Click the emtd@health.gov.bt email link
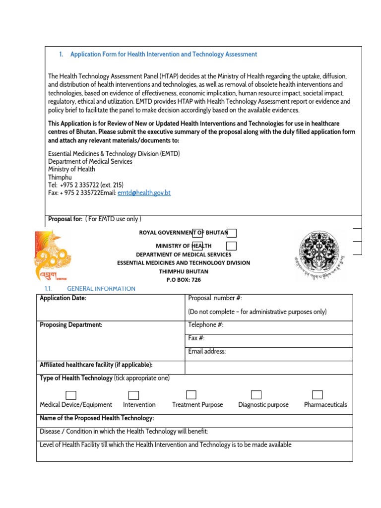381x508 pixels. (x=144, y=193)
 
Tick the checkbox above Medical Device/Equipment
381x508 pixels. (x=71, y=395)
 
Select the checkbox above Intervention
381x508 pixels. (x=133, y=395)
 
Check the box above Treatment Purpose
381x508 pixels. (x=191, y=395)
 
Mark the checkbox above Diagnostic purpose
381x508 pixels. (x=256, y=395)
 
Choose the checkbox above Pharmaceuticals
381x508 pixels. (x=317, y=395)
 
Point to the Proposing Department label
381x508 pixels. (x=71, y=325)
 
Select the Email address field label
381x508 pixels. (x=207, y=351)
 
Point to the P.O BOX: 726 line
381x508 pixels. (x=184, y=280)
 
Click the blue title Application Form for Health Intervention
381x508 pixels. (x=163, y=54)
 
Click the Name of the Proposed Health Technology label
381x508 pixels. (x=97, y=418)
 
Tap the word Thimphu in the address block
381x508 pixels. (x=60, y=177)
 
